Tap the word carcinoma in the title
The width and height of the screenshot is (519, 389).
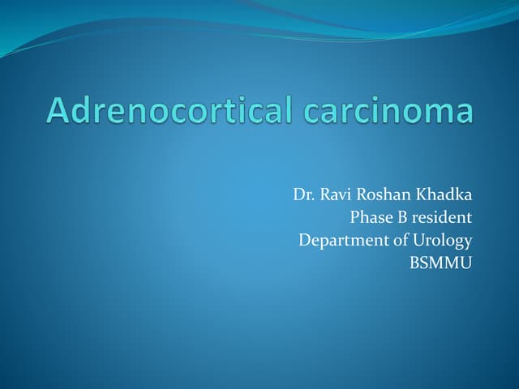click(388, 111)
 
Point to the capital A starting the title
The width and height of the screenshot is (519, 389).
click(58, 110)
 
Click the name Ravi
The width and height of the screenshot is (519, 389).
click(336, 194)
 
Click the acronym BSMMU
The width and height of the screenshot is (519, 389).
click(442, 263)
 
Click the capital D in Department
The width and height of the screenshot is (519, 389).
click(305, 240)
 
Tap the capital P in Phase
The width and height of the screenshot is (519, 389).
click(354, 217)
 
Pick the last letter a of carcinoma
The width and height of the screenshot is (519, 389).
click(463, 113)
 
